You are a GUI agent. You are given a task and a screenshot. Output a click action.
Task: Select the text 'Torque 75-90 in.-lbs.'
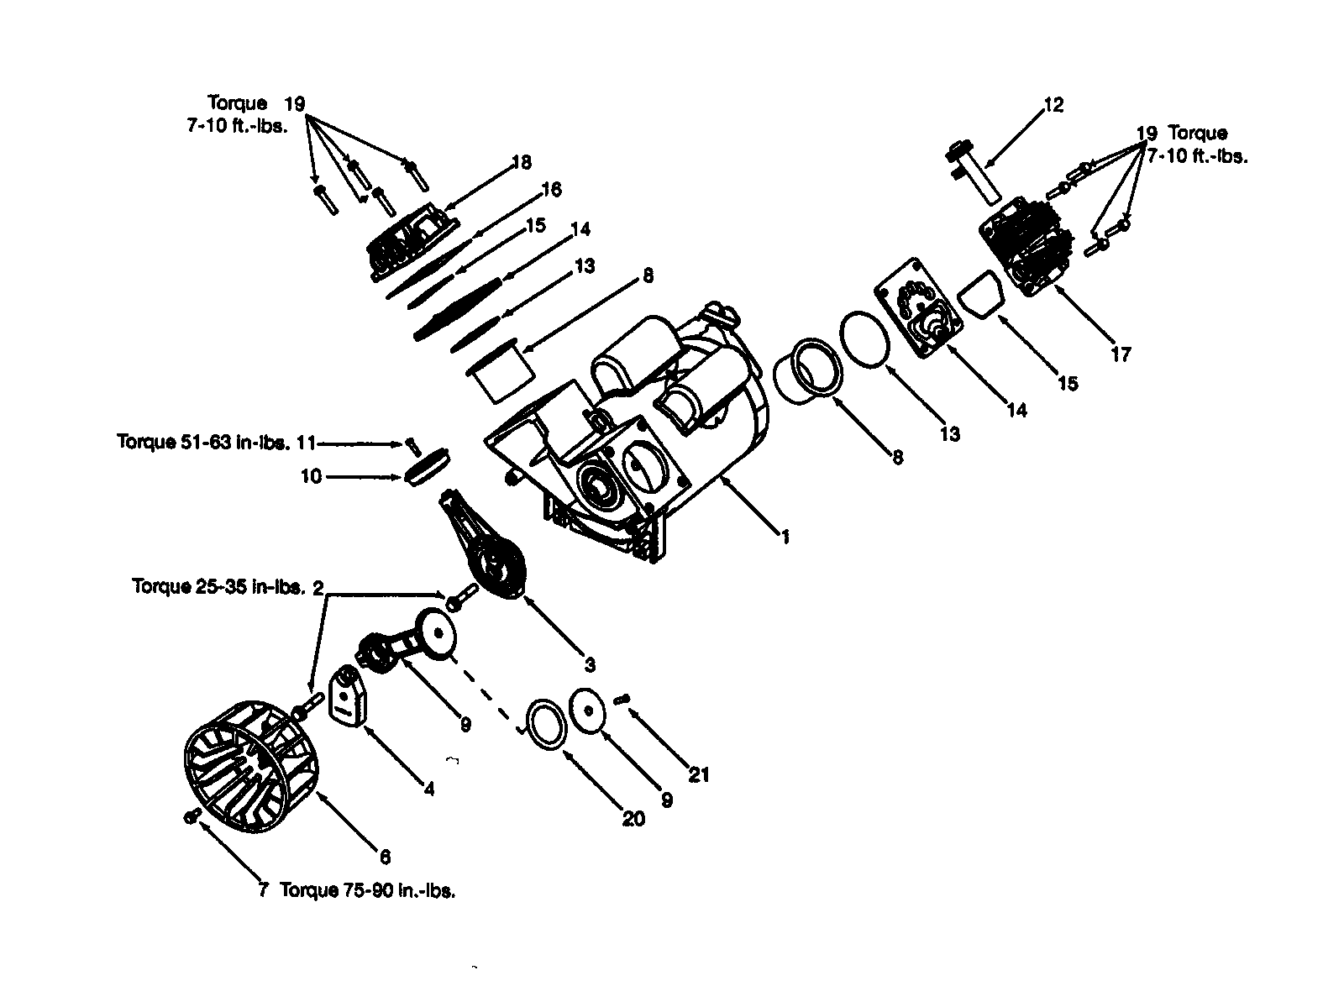click(368, 891)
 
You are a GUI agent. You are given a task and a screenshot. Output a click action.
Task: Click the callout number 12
click(1053, 105)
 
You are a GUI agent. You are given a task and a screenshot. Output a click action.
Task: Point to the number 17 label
click(1121, 354)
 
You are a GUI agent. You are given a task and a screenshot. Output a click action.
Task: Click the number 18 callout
click(522, 162)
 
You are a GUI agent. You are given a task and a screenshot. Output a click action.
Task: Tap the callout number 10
click(310, 476)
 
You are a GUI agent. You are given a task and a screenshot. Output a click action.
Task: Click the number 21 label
click(699, 774)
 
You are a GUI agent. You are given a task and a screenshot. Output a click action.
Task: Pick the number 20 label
click(633, 817)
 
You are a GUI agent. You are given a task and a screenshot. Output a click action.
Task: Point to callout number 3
click(590, 664)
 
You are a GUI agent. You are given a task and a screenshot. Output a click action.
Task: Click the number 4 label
click(428, 789)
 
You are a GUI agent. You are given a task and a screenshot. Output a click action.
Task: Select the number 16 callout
click(551, 189)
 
